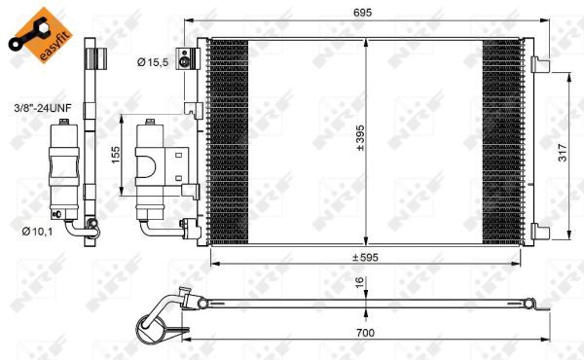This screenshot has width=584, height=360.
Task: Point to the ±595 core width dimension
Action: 366,257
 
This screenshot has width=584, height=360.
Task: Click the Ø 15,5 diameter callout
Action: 153,62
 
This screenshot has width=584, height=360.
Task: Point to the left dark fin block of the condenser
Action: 230,141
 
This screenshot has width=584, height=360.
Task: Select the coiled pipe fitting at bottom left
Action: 162,321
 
